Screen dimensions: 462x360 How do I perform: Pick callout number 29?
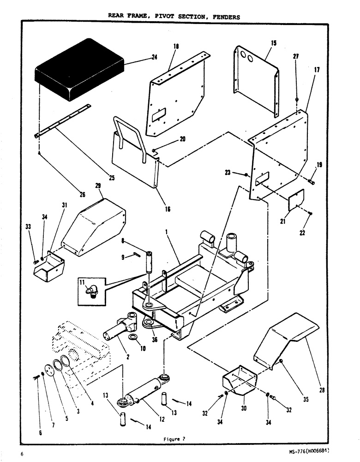(x=98, y=186)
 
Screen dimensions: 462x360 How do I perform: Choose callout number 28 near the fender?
(x=322, y=390)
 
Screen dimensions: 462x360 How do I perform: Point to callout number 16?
(x=167, y=209)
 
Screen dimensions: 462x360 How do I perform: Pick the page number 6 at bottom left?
(x=22, y=454)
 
